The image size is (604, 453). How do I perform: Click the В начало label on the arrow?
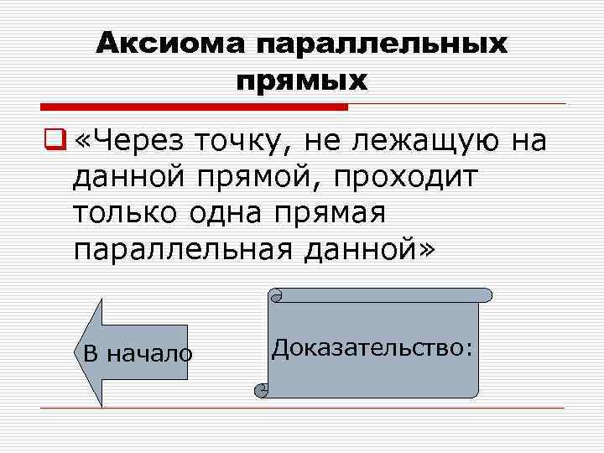click(x=138, y=354)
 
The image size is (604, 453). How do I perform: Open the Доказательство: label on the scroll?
click(x=372, y=347)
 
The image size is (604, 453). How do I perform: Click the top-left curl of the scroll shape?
click(x=276, y=295)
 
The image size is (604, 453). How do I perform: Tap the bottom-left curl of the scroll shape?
click(x=262, y=390)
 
